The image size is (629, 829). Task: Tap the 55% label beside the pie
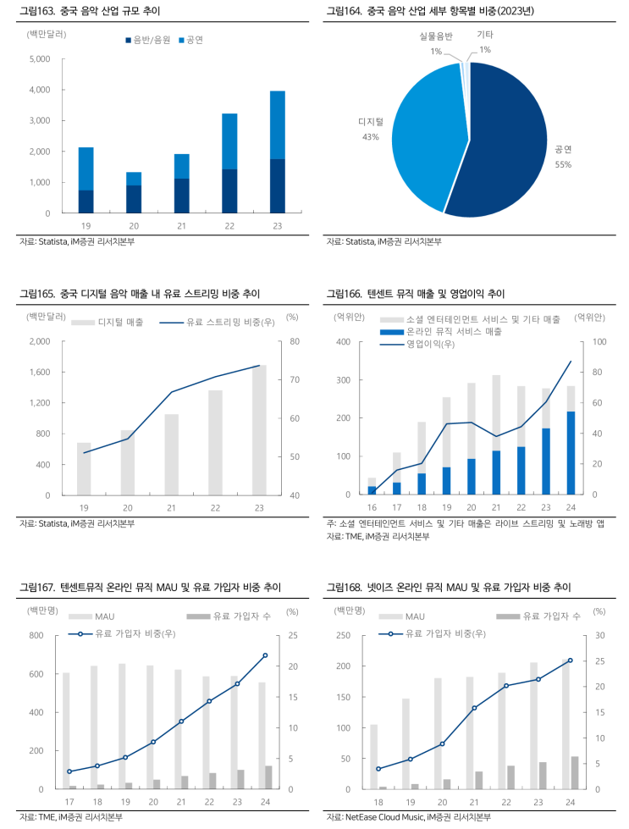(563, 164)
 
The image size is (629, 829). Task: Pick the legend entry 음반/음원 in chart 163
(150, 40)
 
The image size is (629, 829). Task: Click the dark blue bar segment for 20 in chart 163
(134, 199)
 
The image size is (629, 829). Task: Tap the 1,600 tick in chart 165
(38, 373)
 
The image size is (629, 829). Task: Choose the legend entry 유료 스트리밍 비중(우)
(223, 323)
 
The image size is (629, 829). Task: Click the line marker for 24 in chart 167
(265, 655)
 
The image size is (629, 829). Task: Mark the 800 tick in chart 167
(36, 635)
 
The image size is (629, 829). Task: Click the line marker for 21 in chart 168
(474, 707)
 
